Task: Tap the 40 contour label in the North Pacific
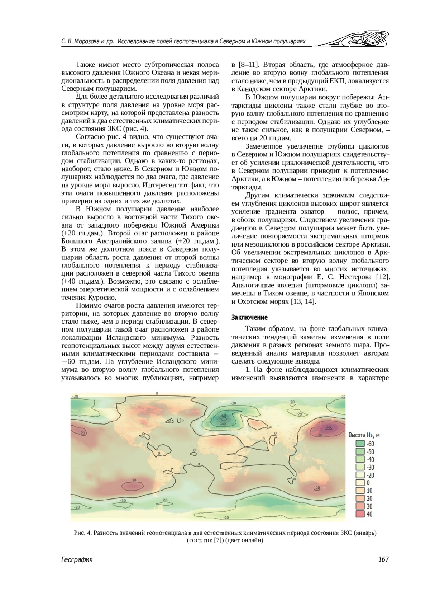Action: click(x=328, y=427)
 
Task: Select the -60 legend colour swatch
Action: click(x=360, y=444)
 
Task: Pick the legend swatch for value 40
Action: click(x=360, y=514)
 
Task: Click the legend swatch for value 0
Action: click(x=360, y=483)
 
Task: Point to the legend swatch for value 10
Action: click(x=360, y=491)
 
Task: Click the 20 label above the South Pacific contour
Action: click(x=134, y=480)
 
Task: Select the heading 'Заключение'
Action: click(x=250, y=318)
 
